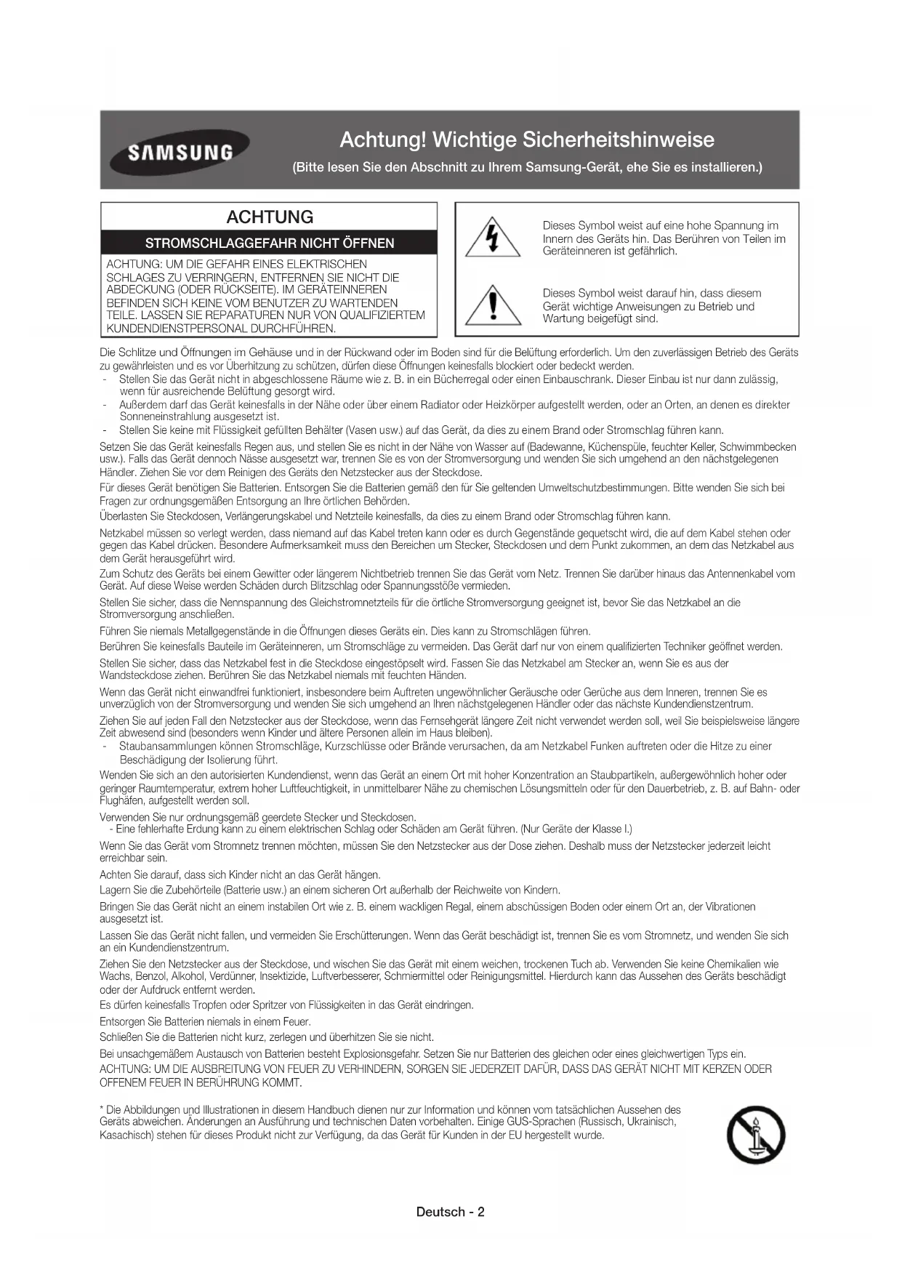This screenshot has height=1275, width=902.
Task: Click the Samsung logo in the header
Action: pyautogui.click(x=180, y=152)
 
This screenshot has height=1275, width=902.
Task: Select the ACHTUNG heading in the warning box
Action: pyautogui.click(x=270, y=217)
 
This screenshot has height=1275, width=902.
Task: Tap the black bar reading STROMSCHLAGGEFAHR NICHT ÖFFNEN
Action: pyautogui.click(x=270, y=243)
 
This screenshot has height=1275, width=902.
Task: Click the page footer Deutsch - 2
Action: pyautogui.click(x=451, y=1212)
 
